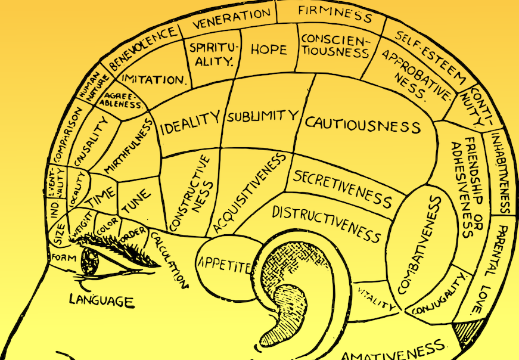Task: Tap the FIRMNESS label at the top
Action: pyautogui.click(x=335, y=14)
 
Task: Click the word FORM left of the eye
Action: pyautogui.click(x=62, y=257)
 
